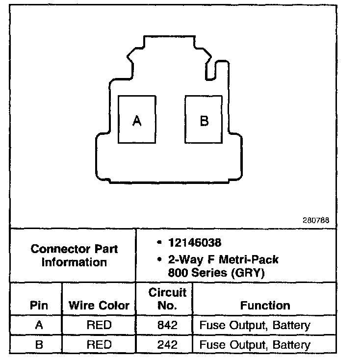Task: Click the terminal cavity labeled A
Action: click(137, 120)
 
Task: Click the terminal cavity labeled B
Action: click(204, 120)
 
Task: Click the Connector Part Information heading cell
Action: click(74, 255)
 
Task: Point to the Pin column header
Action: click(39, 306)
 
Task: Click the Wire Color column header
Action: click(99, 306)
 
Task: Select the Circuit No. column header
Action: click(167, 299)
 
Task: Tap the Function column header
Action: click(265, 306)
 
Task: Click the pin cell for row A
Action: click(39, 325)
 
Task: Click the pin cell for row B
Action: click(39, 345)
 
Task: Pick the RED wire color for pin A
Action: click(99, 325)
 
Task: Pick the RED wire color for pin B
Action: click(99, 345)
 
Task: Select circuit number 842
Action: click(167, 325)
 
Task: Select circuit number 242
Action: click(167, 345)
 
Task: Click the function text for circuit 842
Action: click(255, 325)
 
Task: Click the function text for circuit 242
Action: click(255, 345)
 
